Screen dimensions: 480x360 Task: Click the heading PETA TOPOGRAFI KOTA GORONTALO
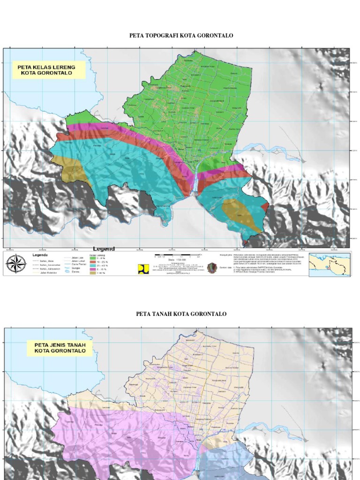(x=180, y=36)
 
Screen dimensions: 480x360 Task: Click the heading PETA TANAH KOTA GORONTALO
(x=181, y=314)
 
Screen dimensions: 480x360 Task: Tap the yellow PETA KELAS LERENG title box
(x=49, y=70)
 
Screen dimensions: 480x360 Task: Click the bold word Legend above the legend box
(x=104, y=248)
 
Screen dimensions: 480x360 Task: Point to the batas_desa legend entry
(x=42, y=260)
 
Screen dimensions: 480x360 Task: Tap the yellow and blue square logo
(x=141, y=268)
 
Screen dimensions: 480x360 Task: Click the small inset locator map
(x=329, y=264)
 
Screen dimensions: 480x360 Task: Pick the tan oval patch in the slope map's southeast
(x=241, y=214)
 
